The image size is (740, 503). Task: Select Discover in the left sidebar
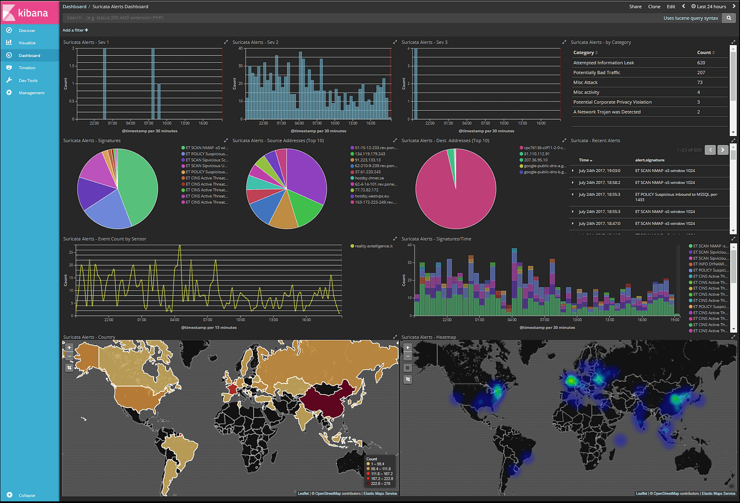[x=27, y=30]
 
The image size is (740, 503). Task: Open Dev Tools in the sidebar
[x=28, y=81]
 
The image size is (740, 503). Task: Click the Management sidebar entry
[x=31, y=93]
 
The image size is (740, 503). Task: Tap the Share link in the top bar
[x=635, y=7]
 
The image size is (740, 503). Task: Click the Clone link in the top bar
[x=654, y=7]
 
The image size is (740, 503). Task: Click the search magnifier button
[x=729, y=18]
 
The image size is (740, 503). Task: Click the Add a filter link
[x=75, y=30]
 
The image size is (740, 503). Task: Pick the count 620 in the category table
[x=701, y=63]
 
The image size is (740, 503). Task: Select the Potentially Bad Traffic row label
[x=596, y=72]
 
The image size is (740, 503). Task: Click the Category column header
[x=585, y=53]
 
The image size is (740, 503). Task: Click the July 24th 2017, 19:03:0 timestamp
[x=599, y=171]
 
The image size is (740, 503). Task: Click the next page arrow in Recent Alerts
[x=723, y=150]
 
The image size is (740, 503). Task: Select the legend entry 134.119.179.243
[x=369, y=154]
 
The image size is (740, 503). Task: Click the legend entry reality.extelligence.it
[x=373, y=246]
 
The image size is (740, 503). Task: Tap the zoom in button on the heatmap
[x=408, y=347]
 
